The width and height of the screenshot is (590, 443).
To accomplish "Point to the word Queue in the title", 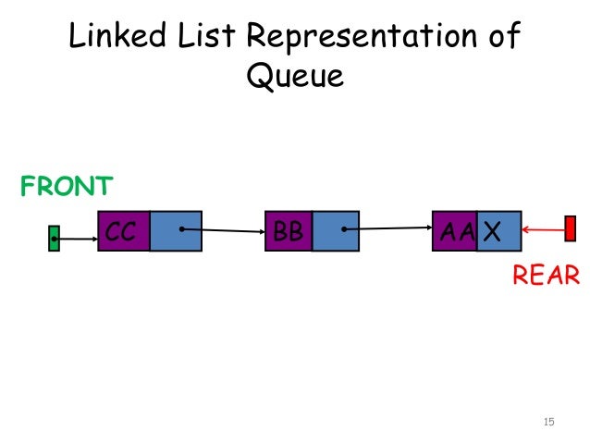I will coord(294,76).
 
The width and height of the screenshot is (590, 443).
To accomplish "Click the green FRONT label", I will coord(67,186).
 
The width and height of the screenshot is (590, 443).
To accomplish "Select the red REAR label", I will coord(546,275).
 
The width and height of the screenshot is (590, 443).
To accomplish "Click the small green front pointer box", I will coord(54,239).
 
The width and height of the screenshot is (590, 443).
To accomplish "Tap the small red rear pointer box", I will coord(571,228).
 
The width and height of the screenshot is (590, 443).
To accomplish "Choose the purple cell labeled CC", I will coord(123,231).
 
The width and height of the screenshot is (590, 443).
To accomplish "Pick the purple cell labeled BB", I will coord(289,231).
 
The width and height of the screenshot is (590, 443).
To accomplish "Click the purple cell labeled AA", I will coord(454,231).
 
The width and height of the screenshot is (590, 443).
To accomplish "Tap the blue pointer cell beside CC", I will coord(175,231).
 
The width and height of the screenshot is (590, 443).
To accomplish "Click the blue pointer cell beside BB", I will coord(335,231).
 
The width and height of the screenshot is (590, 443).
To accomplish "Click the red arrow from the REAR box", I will coord(543,229).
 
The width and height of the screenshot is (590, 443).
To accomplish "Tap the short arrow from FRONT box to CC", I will coord(77,240).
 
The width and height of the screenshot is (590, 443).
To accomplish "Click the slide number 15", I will coord(548,423).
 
